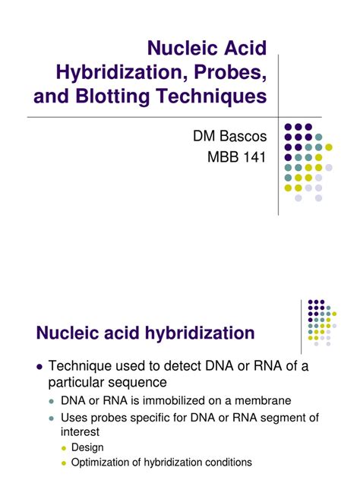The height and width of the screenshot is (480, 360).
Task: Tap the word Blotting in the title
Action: (113, 96)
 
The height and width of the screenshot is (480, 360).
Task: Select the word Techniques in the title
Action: (212, 96)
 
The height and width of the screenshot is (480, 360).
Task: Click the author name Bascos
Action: (243, 136)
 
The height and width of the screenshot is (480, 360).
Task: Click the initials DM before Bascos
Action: (204, 136)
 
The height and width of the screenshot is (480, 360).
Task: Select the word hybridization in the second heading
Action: (200, 333)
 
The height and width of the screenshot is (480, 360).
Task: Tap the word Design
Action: (87, 447)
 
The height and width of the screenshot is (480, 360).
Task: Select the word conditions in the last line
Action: (229, 463)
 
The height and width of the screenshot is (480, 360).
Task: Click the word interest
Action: (80, 432)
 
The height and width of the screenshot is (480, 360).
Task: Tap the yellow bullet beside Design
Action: (64, 448)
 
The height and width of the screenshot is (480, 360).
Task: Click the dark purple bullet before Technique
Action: (39, 367)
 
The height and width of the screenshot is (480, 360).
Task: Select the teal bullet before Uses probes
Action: (52, 418)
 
